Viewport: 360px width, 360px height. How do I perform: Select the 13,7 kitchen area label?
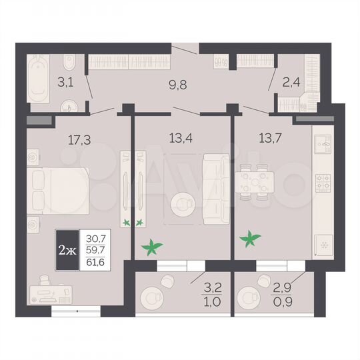(x=271, y=139)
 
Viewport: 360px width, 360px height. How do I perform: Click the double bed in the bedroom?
(x=59, y=190)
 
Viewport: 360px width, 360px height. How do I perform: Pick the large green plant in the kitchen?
(x=251, y=237)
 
